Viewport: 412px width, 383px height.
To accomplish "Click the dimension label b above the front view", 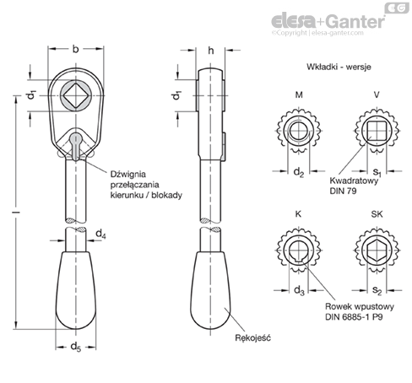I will tap(77, 49).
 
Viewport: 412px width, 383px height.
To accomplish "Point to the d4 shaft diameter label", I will tap(100, 231).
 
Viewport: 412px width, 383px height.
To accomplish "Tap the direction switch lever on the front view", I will tap(77, 143).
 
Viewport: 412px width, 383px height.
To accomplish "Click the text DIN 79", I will tap(340, 191).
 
